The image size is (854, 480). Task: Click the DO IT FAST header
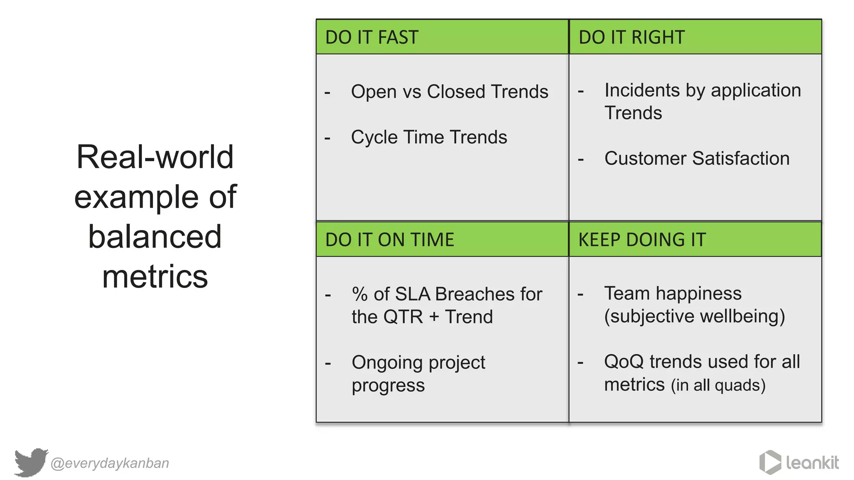pyautogui.click(x=372, y=37)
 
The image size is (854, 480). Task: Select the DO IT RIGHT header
pyautogui.click(x=631, y=37)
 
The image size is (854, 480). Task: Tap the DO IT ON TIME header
pyautogui.click(x=389, y=240)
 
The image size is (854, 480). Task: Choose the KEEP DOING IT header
pyautogui.click(x=642, y=240)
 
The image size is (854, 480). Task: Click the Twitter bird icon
pyautogui.click(x=31, y=462)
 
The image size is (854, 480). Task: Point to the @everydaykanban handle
pyautogui.click(x=110, y=463)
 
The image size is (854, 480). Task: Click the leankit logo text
pyautogui.click(x=812, y=463)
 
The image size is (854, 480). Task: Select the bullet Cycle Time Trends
pyautogui.click(x=429, y=137)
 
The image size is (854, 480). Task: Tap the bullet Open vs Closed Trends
pyautogui.click(x=449, y=92)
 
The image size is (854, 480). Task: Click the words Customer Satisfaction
pyautogui.click(x=697, y=159)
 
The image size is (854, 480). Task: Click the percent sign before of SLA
pyautogui.click(x=359, y=294)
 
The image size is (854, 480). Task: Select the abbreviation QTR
pyautogui.click(x=403, y=317)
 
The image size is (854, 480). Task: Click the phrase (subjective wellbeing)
pyautogui.click(x=694, y=316)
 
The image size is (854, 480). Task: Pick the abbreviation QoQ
pyautogui.click(x=624, y=362)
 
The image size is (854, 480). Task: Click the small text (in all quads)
pyautogui.click(x=718, y=385)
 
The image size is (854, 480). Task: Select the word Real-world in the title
pyautogui.click(x=155, y=157)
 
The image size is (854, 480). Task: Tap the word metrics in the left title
pyautogui.click(x=155, y=277)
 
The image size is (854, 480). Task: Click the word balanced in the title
pyautogui.click(x=155, y=237)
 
